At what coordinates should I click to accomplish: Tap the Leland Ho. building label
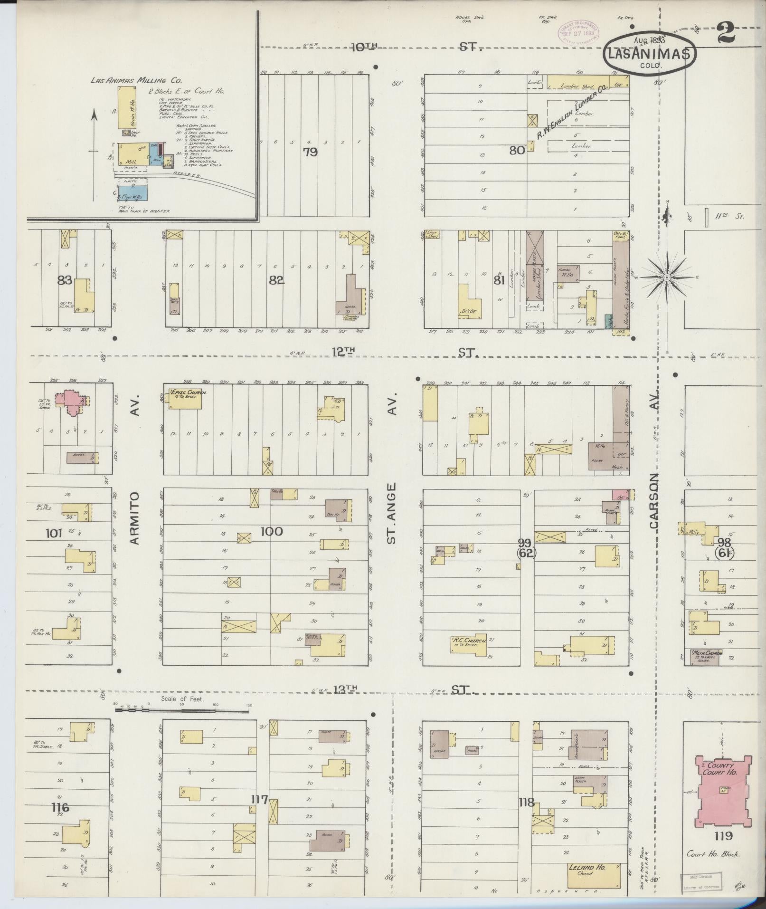click(587, 867)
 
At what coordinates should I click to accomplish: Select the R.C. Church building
click(469, 646)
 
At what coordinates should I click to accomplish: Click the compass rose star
click(666, 277)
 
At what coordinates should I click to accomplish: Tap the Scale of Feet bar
click(182, 710)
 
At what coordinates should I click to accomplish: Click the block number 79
click(310, 152)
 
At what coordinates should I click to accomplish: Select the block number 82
click(276, 280)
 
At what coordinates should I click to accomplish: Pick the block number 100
click(271, 531)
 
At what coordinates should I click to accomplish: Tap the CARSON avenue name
click(654, 501)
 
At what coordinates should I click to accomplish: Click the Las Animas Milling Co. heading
click(136, 80)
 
